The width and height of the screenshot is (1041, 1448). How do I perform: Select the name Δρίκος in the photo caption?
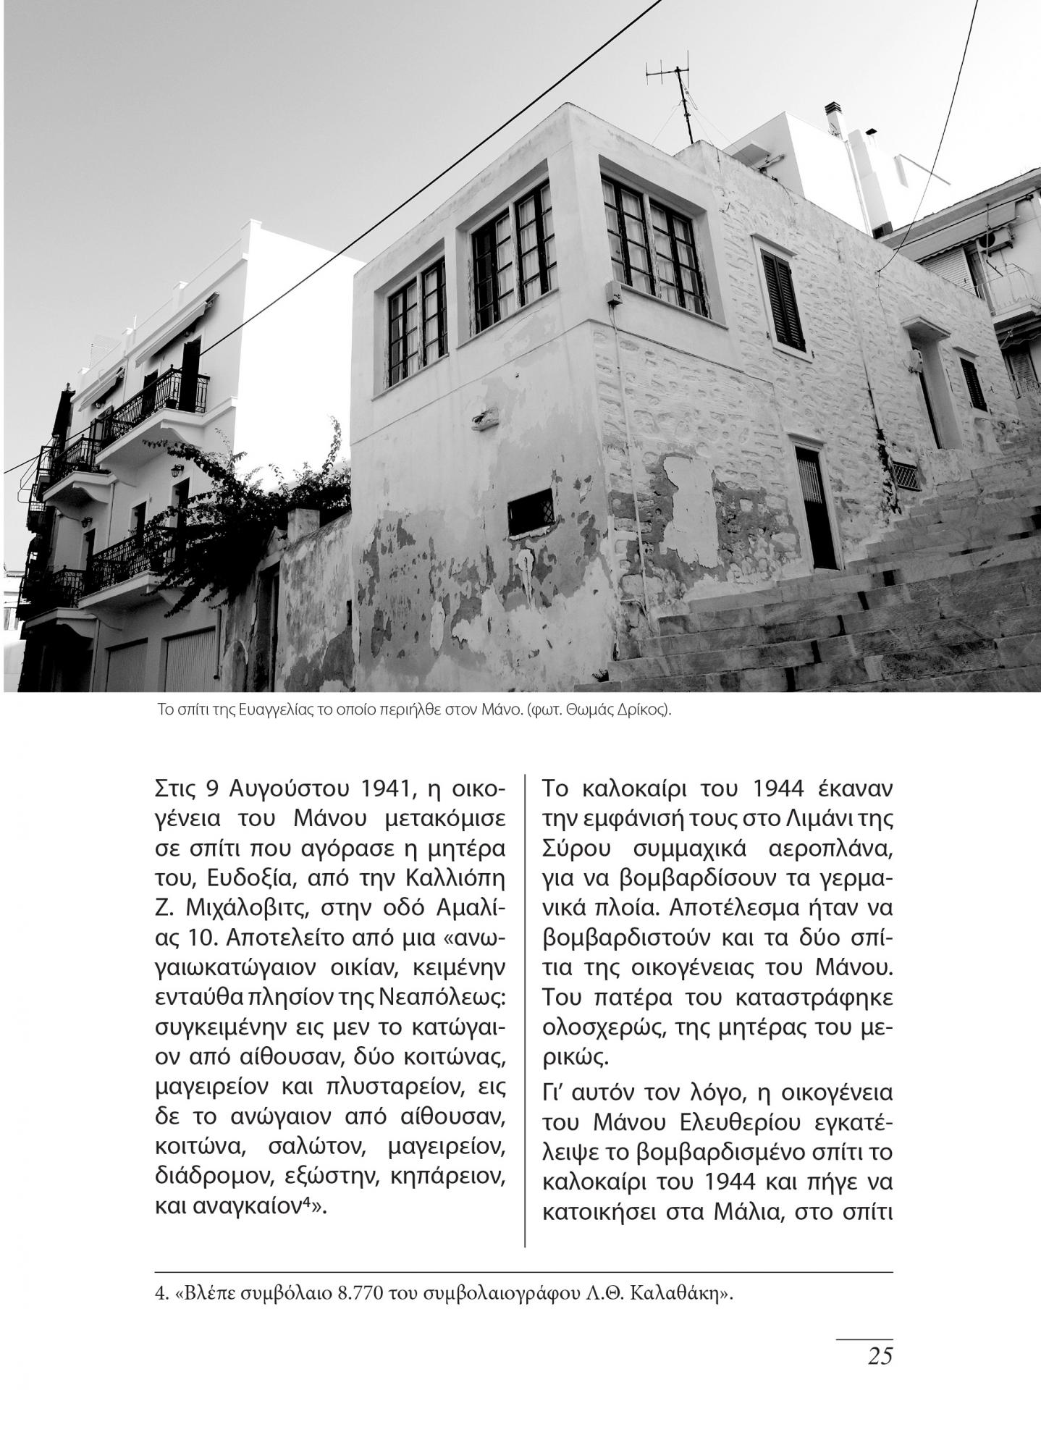click(x=642, y=710)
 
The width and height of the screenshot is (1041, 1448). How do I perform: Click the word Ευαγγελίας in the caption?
click(x=270, y=710)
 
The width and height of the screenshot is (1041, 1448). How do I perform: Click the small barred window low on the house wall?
click(x=531, y=513)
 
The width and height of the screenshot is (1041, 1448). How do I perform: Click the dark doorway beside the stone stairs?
click(x=816, y=507)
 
